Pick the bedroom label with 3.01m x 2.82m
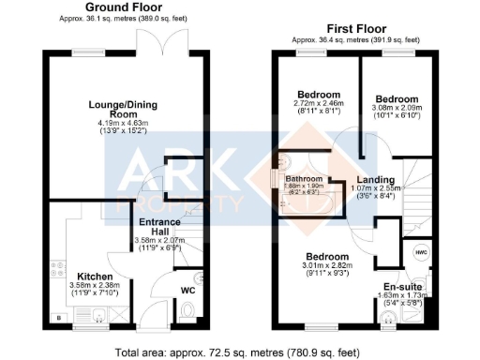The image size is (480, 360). point(325,256)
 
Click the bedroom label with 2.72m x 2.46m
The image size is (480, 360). point(317,95)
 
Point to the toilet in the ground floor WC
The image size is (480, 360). point(197,278)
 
